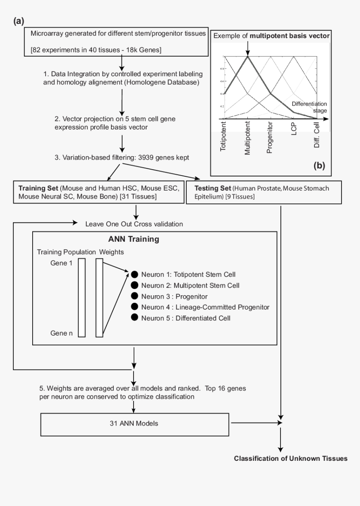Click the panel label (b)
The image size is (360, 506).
tap(319, 165)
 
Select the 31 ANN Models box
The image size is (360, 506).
tap(133, 423)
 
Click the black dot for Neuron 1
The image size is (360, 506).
tap(134, 274)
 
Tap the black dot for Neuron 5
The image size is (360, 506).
tap(134, 318)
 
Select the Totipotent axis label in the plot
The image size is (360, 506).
tap(223, 137)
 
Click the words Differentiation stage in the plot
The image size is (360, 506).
tap(309, 107)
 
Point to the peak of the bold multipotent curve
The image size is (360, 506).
tap(248, 57)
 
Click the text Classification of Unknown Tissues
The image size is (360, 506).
tap(291, 458)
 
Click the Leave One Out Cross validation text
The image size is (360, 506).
tap(134, 224)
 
